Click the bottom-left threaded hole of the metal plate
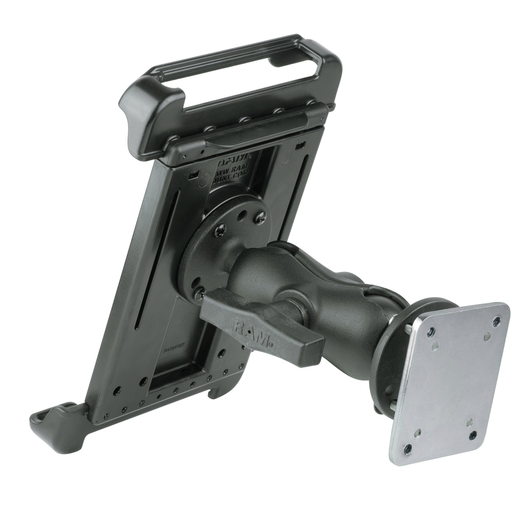408,448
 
